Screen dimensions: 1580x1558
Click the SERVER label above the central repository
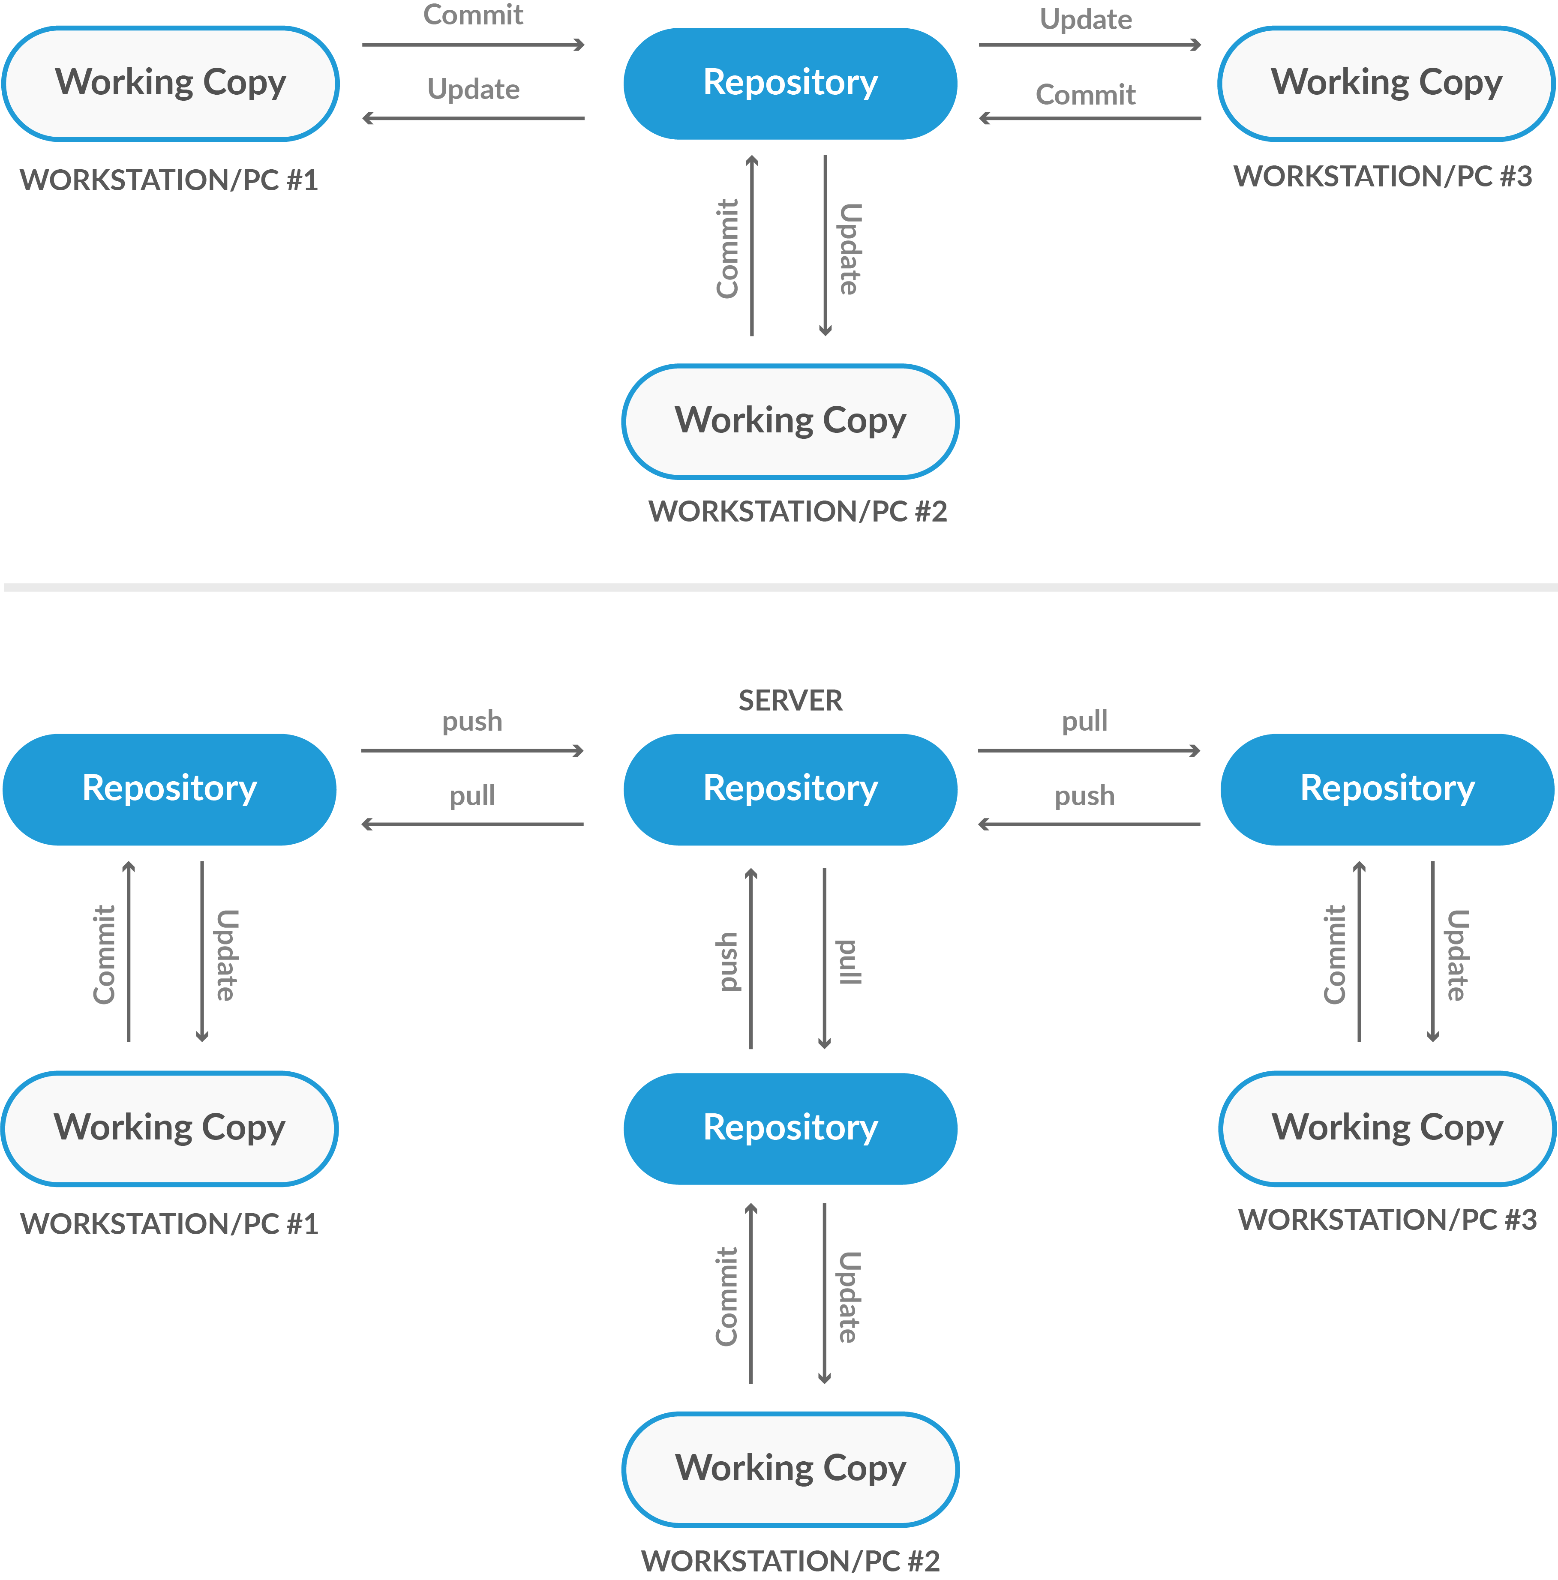coord(790,701)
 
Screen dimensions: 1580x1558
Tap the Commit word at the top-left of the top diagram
coord(473,15)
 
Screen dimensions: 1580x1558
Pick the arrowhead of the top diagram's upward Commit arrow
coord(752,160)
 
